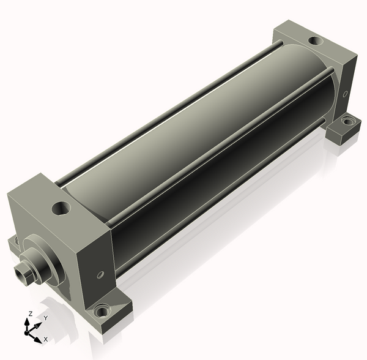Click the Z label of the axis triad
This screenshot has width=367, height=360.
pos(30,313)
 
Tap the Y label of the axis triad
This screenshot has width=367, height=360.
pos(46,318)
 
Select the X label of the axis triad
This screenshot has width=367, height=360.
pos(46,339)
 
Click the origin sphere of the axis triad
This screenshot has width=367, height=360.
pos(26,333)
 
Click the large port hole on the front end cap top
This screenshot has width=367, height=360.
pos(61,208)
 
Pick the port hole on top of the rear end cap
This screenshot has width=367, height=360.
pos(316,41)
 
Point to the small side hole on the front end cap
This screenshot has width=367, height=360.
pos(100,274)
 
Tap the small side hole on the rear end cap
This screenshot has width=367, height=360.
pos(345,94)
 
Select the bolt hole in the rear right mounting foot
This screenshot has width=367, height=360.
pos(348,121)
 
